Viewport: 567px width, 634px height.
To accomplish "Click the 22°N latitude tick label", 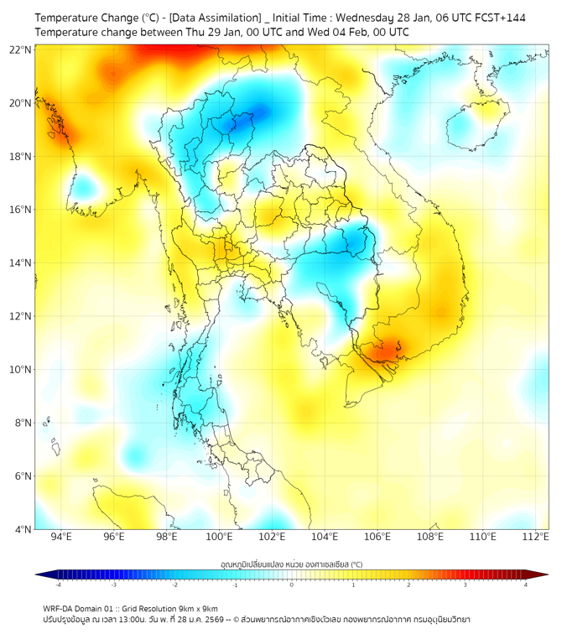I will pos(22,50).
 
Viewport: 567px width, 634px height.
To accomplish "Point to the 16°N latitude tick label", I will pos(22,210).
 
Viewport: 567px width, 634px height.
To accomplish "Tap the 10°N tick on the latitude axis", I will pos(22,369).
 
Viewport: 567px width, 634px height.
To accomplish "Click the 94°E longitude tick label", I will pos(61,538).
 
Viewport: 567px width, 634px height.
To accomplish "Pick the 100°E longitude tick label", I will pos(219,538).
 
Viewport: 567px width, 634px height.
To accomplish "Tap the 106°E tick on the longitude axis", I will pos(377,538).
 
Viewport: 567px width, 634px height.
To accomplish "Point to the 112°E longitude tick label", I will pos(535,538).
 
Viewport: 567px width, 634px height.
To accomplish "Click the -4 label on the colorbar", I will pos(57,584).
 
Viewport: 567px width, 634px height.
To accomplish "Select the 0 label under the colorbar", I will pos(292,584).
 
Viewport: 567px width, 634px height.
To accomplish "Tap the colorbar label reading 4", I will pos(526,584).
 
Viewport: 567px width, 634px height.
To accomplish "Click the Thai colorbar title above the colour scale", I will pos(292,564).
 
